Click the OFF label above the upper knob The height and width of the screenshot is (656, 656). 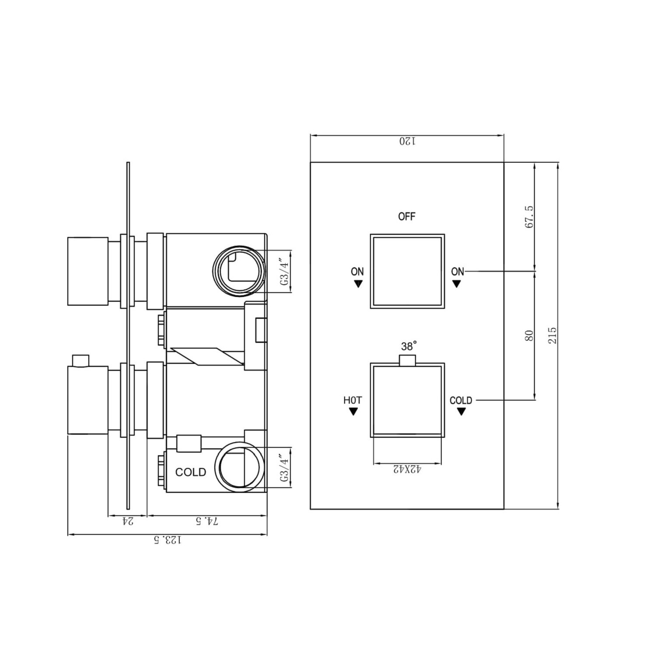point(406,216)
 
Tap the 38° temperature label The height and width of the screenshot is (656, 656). point(408,346)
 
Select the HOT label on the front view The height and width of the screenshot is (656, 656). point(352,400)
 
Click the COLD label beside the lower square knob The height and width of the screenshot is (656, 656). point(461,400)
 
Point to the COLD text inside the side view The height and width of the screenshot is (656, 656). point(191,472)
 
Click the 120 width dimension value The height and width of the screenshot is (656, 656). point(407,141)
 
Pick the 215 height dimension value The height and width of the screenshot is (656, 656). point(553,335)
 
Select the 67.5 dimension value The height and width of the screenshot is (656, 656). point(529,216)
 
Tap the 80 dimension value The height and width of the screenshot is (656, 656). point(529,335)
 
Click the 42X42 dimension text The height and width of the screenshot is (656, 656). point(407,470)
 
